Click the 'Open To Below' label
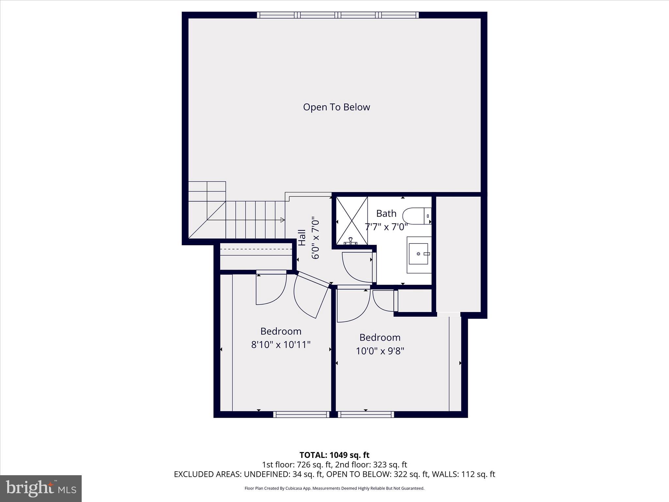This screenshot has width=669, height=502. (x=336, y=107)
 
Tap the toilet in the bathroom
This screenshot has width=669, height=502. (x=415, y=216)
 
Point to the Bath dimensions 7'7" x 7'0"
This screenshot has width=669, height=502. (x=386, y=227)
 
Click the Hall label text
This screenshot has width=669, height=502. (x=302, y=238)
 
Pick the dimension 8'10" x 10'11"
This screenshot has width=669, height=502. (x=281, y=345)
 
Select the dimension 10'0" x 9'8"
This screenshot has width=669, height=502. (x=380, y=351)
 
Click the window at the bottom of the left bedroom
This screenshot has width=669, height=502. (x=301, y=414)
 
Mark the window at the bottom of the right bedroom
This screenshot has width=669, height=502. (x=366, y=414)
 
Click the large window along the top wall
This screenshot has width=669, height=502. (x=337, y=15)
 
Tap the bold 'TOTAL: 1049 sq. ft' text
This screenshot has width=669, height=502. (x=334, y=455)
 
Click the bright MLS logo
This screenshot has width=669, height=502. (x=41, y=488)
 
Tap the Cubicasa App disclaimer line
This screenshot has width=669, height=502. (x=334, y=488)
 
